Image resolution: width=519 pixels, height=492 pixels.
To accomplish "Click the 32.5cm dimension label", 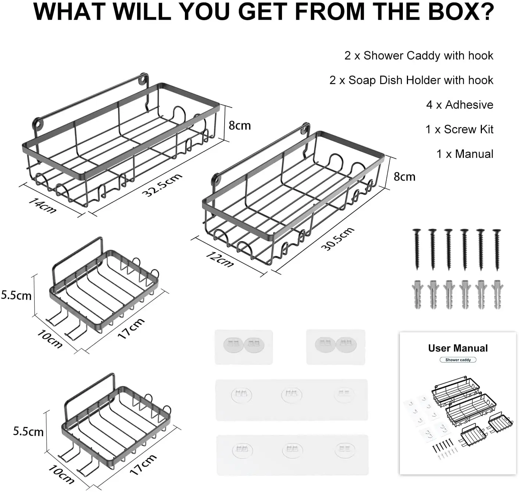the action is pos(162,185).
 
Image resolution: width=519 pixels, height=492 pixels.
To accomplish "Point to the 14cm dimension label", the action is pos(42,206).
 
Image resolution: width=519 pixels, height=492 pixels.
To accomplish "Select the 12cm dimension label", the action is pos(219,259).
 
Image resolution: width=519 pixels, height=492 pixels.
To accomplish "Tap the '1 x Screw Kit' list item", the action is pos(459,129).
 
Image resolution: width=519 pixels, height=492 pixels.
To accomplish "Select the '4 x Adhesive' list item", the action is pos(459,105).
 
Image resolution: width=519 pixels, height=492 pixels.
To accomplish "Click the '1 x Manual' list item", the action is pos(465,154).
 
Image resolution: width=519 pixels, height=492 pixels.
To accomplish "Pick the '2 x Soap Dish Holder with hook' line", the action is pos(411,80).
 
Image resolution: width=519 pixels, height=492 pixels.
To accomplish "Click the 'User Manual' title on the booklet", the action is pos(458,348).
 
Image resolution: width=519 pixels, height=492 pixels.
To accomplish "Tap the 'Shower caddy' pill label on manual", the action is pos(458,360).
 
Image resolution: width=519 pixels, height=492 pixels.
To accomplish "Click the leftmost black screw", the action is pos(417,249).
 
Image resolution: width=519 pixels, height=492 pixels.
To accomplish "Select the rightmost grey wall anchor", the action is pos(497,294).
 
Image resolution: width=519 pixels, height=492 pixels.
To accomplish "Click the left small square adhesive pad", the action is pos(244,347).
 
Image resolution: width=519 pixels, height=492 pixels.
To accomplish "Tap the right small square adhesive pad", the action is pos(336,347).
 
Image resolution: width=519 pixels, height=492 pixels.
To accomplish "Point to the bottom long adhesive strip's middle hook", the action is pos(292,450).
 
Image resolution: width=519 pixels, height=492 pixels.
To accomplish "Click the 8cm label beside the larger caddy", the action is pos(239,126).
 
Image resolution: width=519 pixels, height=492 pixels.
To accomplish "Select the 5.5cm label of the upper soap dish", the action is pos(16,296).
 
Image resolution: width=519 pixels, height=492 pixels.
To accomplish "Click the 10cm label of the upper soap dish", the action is pos(49,339).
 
